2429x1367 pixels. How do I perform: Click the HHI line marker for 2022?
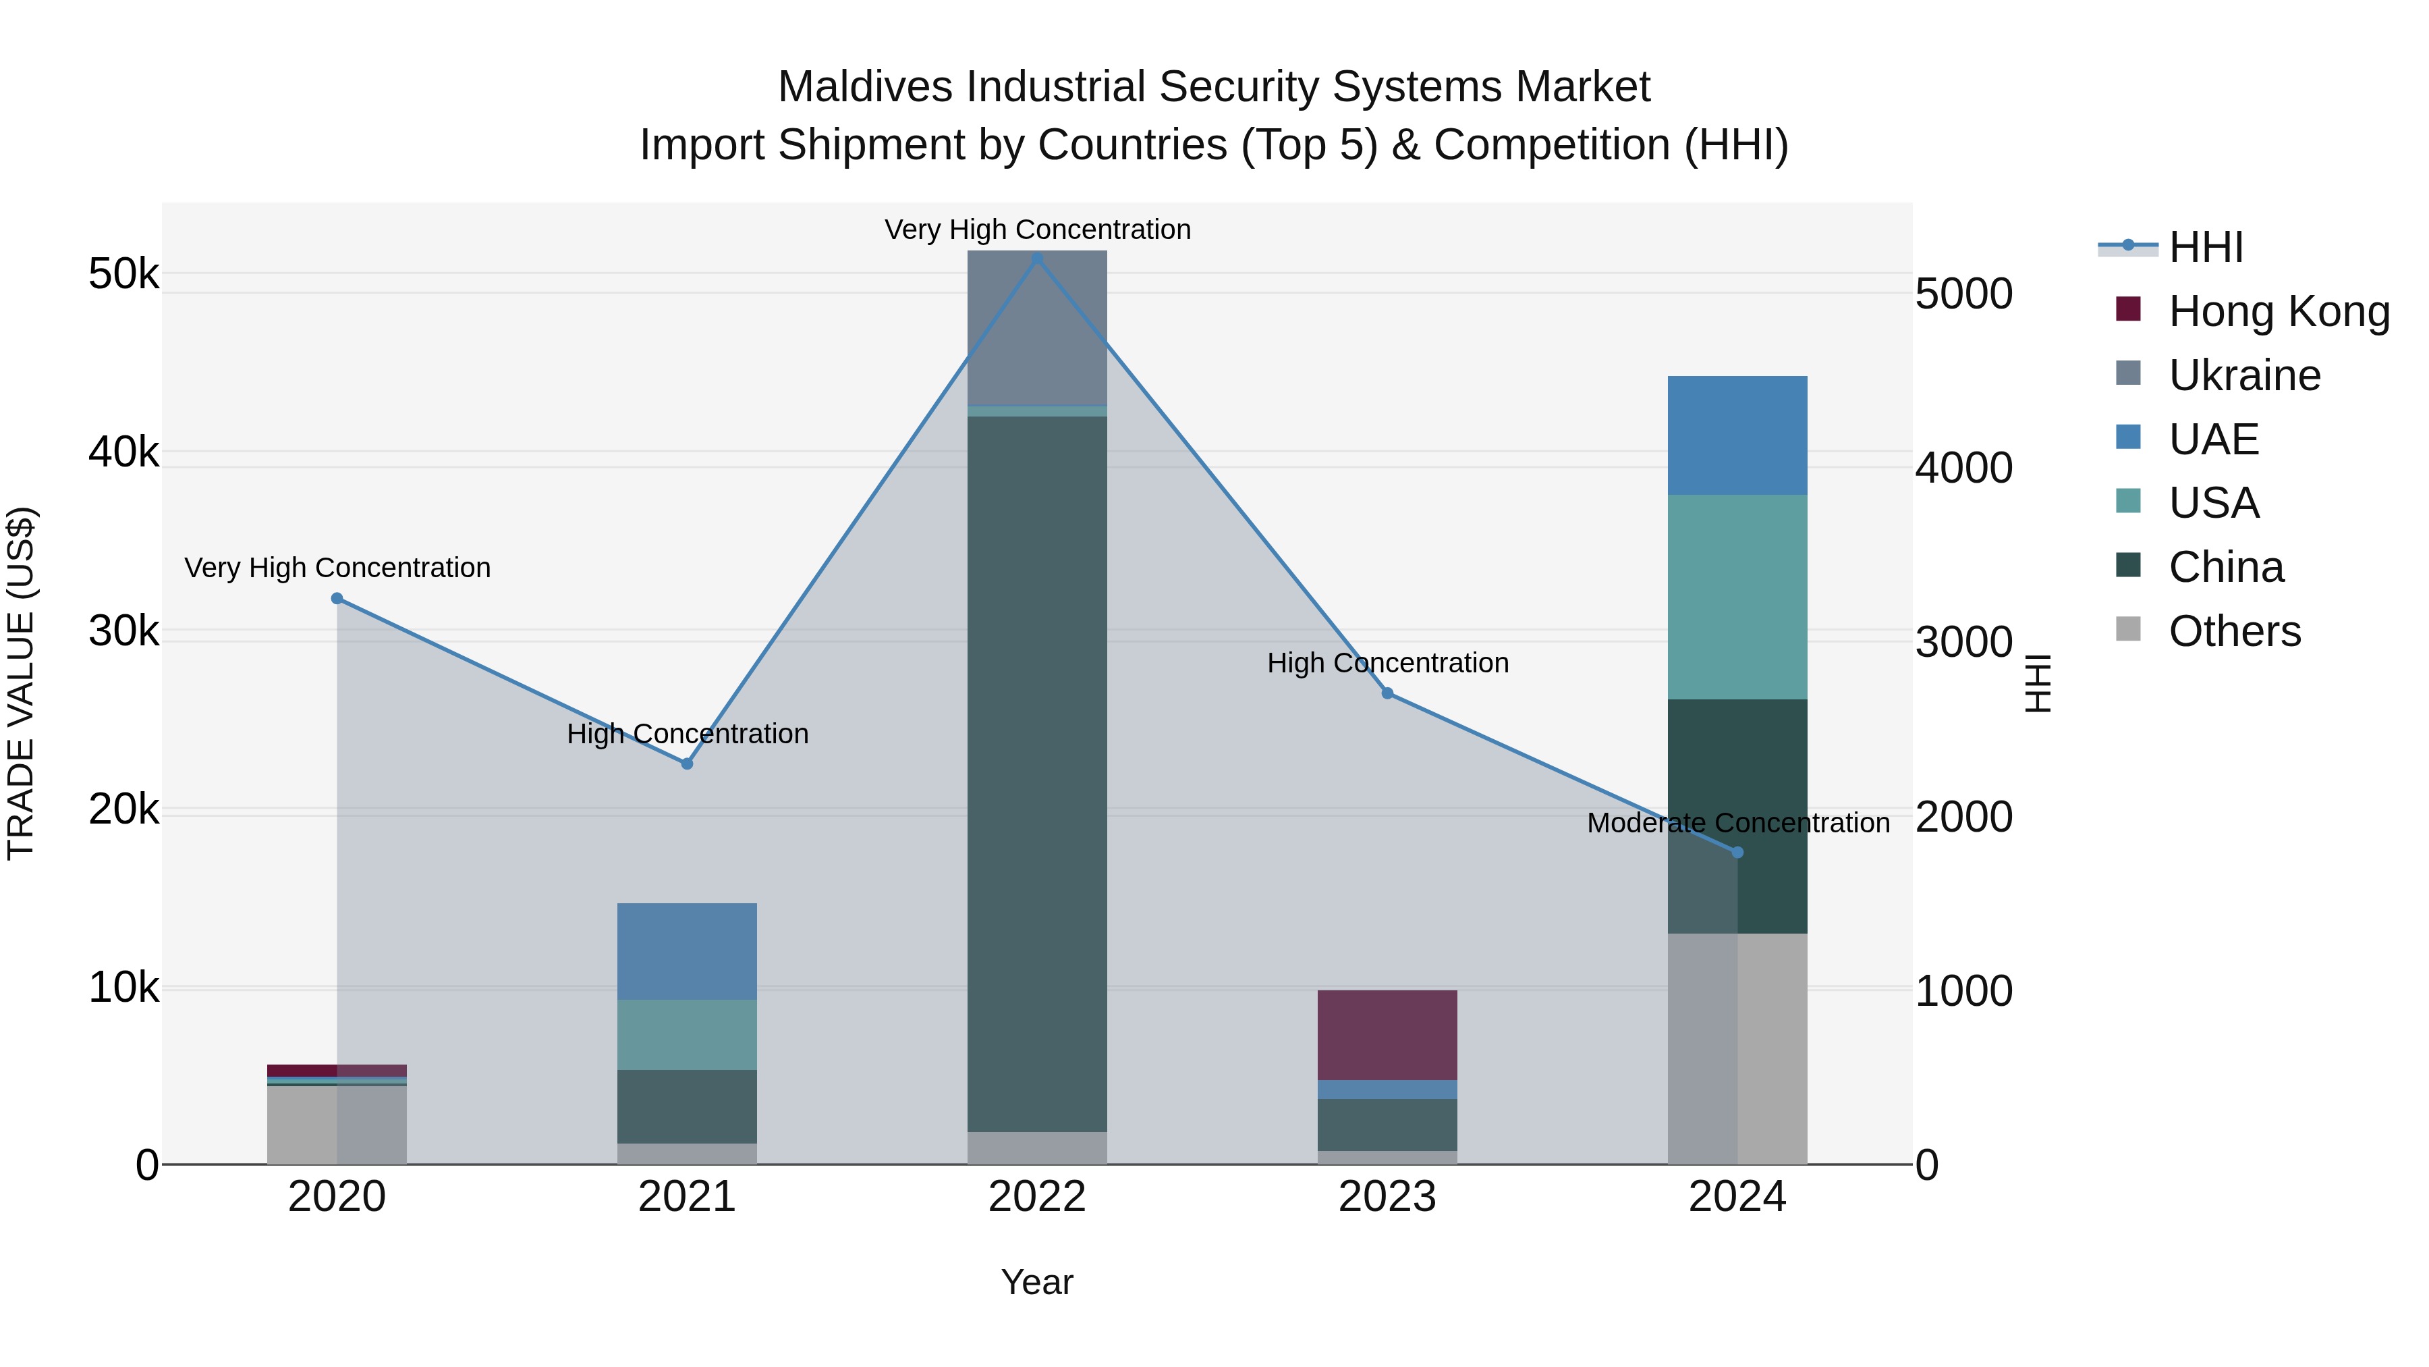point(1037,258)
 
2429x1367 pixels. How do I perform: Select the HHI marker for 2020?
point(337,598)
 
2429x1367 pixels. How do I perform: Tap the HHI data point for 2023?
point(1387,693)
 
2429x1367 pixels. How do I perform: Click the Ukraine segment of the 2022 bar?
point(1037,327)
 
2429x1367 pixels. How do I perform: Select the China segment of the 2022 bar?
point(1037,774)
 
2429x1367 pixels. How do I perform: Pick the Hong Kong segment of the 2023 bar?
point(1387,1035)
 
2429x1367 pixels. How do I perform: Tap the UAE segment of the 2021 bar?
point(686,951)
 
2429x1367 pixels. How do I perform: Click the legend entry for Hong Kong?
point(2278,311)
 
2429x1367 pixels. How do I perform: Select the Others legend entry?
point(2234,631)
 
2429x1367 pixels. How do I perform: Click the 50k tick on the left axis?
point(123,275)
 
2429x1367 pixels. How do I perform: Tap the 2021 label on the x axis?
point(686,1197)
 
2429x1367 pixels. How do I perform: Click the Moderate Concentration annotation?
point(1738,823)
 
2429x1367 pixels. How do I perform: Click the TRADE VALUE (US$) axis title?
point(21,683)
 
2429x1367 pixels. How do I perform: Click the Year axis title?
point(1036,1282)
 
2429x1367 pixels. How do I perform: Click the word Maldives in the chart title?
point(865,87)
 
